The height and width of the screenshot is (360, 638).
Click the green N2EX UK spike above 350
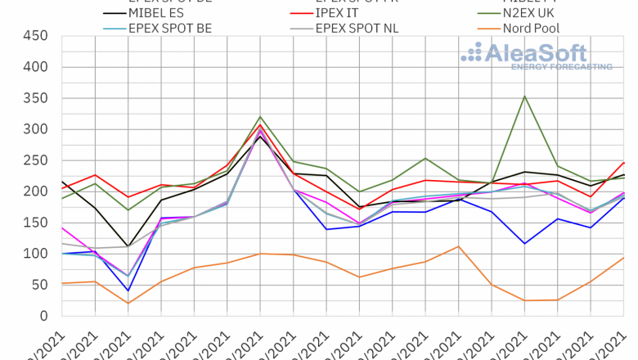click(524, 97)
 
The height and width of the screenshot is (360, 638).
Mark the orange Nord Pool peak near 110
click(459, 246)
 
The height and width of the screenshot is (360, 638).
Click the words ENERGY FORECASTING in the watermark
click(561, 66)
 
